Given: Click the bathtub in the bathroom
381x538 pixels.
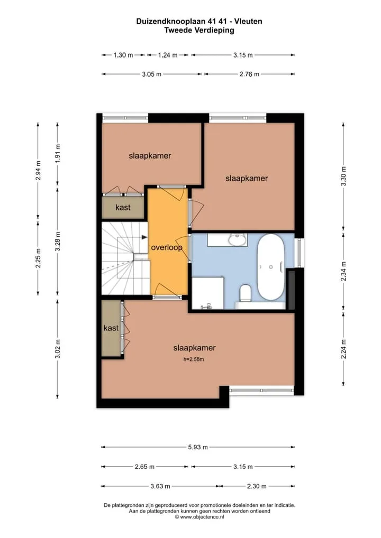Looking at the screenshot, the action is (x=271, y=266).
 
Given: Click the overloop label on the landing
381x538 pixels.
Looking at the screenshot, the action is (x=167, y=247).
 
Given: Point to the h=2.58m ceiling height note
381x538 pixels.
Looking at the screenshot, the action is (x=194, y=359).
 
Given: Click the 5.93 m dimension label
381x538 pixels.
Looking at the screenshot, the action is (x=198, y=447).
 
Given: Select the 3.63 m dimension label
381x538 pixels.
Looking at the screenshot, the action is (x=160, y=486).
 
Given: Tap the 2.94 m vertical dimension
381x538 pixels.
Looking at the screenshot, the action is (x=38, y=171).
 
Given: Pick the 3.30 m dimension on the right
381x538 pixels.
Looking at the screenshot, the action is (x=343, y=177).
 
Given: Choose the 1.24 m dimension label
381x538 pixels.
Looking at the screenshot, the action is (x=168, y=55).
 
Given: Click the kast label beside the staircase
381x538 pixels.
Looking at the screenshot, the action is (x=123, y=207).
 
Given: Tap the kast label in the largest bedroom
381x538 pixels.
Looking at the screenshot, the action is (x=111, y=328).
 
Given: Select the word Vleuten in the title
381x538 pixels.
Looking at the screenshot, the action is (x=248, y=21).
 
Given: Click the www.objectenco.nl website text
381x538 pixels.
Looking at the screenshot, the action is (x=202, y=517).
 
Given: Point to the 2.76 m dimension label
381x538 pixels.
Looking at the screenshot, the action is (x=249, y=74).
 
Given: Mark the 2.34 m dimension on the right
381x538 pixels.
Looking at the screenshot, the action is (x=343, y=271).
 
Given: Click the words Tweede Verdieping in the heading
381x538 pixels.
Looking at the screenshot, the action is (x=199, y=30).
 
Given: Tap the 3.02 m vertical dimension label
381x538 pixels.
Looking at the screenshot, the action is (x=58, y=349).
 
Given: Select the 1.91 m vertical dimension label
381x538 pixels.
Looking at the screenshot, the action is (x=58, y=153).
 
